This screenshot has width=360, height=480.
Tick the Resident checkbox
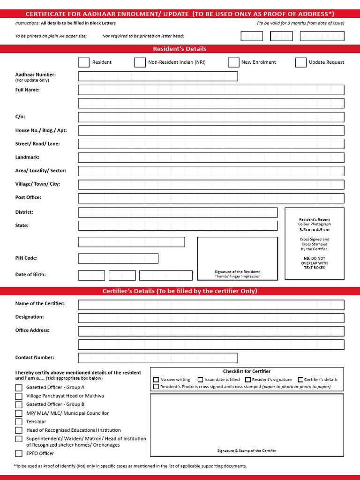[84, 62]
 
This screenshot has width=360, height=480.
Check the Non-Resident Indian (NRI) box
[140, 62]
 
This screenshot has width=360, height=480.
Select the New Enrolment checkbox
[233, 62]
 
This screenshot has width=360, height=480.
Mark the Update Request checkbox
[301, 62]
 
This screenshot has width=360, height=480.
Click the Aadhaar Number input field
[158, 76]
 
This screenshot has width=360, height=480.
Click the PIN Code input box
[118, 258]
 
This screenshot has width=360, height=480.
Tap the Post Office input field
[211, 198]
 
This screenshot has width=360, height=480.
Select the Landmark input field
[211, 158]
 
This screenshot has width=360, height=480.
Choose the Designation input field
[211, 318]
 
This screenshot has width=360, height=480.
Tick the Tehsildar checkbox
[19, 422]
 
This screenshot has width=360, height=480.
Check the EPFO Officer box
[19, 453]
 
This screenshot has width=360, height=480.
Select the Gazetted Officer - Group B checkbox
[19, 405]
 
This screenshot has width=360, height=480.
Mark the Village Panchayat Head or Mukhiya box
[19, 396]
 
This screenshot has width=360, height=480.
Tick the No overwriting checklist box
[156, 380]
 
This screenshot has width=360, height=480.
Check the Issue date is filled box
[200, 380]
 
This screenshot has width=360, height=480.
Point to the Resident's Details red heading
[180, 49]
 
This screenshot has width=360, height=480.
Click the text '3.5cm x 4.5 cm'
[314, 230]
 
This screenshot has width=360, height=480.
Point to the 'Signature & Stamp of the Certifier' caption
[247, 450]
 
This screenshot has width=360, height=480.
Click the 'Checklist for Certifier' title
[247, 371]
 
